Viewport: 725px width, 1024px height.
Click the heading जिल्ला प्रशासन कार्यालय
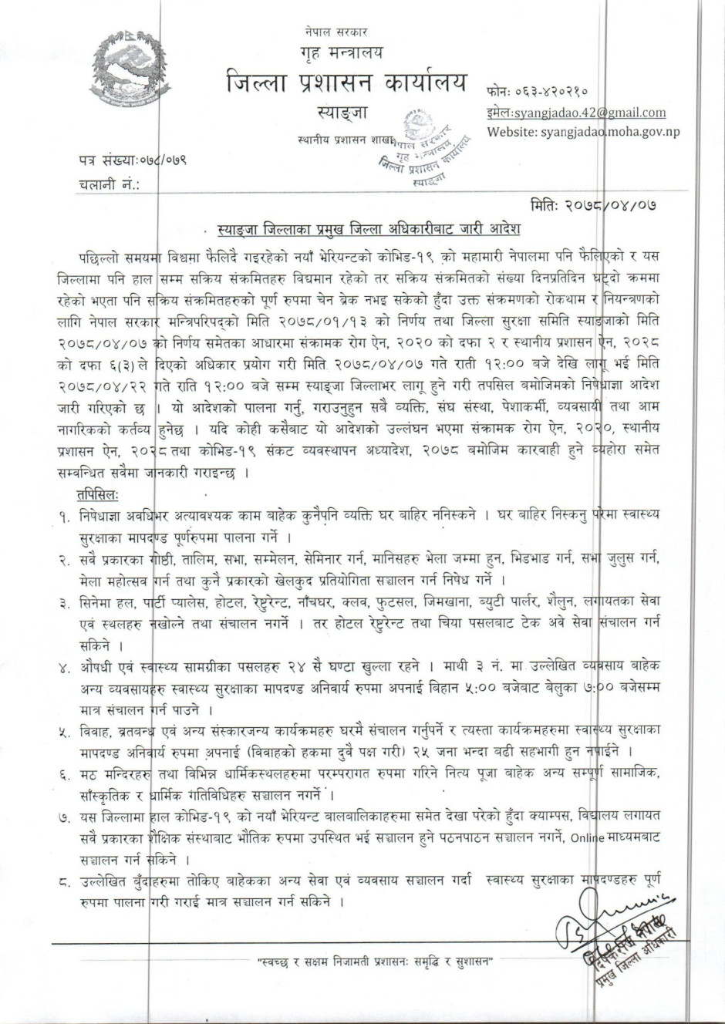[346, 83]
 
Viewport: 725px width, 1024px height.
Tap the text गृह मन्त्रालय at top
[342, 53]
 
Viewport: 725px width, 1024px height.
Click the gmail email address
[576, 113]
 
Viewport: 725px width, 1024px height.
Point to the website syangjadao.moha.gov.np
[583, 132]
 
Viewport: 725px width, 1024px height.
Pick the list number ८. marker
[64, 881]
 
